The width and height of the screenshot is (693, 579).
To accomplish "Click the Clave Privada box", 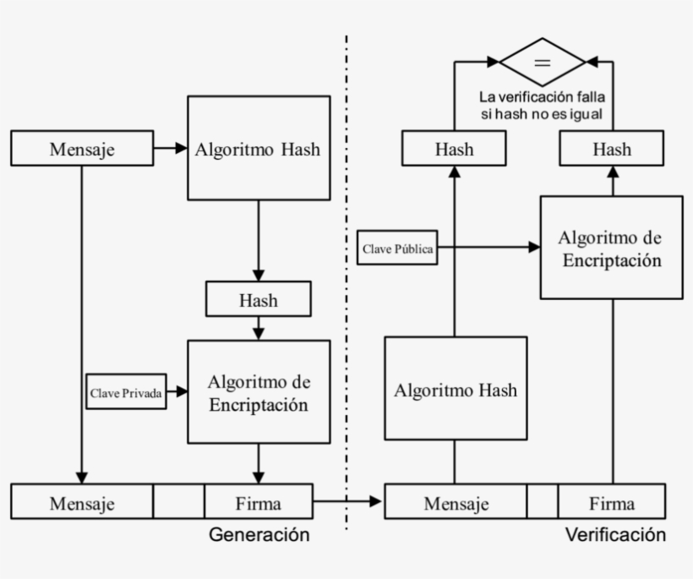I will coord(126,391).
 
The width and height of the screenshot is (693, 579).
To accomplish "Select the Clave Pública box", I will coord(397,249).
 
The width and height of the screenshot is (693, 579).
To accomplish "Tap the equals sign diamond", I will coord(542,62).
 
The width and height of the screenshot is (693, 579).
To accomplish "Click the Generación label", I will coord(259,535).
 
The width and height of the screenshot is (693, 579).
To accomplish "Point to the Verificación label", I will coord(614,535).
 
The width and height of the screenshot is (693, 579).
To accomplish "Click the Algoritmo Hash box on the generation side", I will coord(258,148).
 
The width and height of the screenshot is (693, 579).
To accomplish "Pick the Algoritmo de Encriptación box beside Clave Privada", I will coord(258,392).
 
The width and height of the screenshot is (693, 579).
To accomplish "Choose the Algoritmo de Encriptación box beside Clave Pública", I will coord(611,247).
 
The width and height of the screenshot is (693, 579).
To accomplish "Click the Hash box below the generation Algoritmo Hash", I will coord(258,299).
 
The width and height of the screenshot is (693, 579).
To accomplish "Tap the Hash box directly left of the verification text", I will coord(454,150).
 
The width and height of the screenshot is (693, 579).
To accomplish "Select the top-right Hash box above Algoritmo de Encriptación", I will coord(611,150).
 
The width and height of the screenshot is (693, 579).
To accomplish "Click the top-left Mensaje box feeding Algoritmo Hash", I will coord(82,149).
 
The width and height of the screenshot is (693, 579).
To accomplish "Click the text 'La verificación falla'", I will coord(542,96).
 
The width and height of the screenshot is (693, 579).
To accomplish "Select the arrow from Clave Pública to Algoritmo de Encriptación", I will coord(488,248).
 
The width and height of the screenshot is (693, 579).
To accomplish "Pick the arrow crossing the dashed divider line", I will coord(347,502).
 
